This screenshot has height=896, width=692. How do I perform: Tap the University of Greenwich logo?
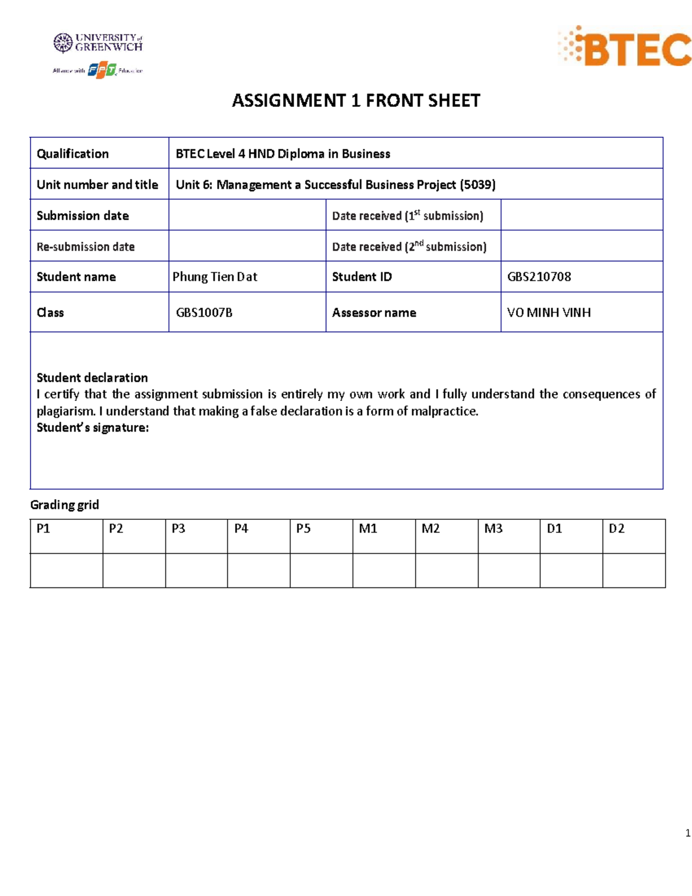97,43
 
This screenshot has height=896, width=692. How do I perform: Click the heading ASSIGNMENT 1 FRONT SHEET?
356,101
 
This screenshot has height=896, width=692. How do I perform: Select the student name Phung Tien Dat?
215,277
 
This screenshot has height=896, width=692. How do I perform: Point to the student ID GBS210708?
539,277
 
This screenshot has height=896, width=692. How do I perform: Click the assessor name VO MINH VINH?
548,313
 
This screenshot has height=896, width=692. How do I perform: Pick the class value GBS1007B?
204,313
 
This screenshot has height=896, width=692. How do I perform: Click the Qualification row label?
73,154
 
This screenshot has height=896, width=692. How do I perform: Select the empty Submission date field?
247,215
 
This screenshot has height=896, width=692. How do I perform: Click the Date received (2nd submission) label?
409,246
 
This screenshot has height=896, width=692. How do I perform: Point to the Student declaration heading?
92,378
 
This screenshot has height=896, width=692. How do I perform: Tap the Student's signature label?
92,428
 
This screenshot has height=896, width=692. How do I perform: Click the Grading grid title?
65,505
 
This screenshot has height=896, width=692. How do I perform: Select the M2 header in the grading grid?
430,528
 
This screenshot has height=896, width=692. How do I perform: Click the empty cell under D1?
571,571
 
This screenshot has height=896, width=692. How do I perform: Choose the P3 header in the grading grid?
178,528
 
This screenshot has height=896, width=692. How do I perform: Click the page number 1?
687,833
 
